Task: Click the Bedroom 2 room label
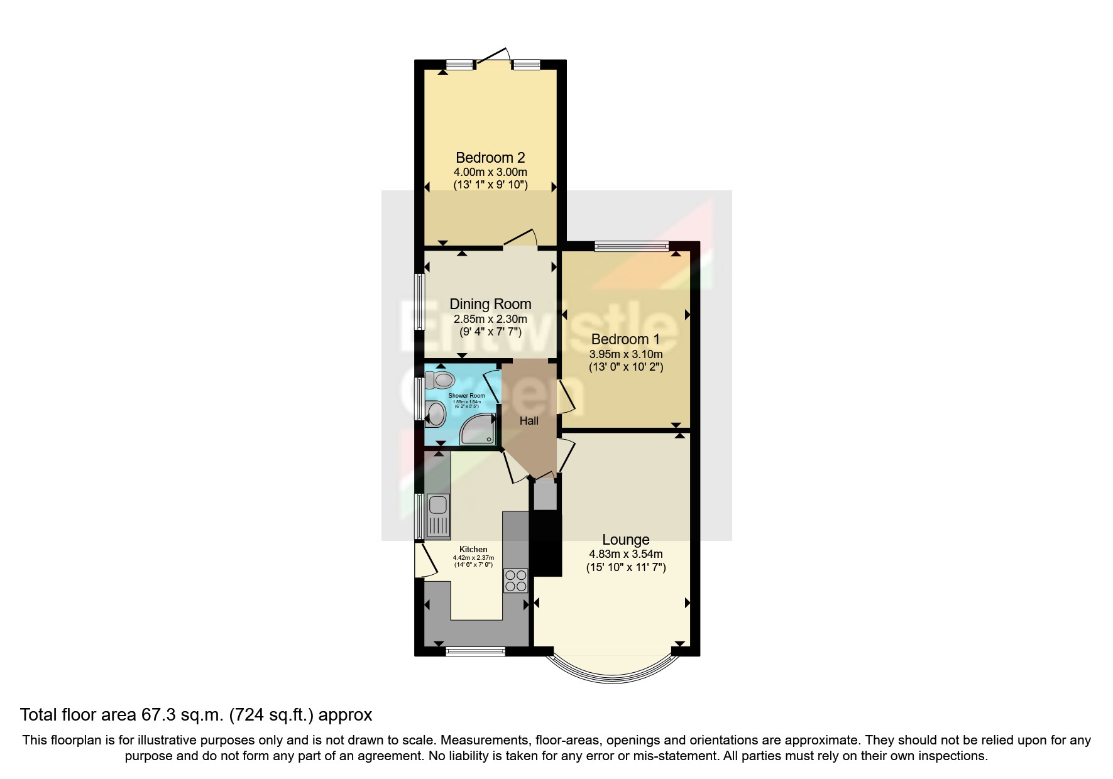490,158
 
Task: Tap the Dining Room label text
490,304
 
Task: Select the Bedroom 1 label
625,340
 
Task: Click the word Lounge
625,540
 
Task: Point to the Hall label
529,421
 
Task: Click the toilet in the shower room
440,380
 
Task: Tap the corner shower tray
478,430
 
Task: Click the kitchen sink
437,515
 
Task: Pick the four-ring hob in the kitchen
516,580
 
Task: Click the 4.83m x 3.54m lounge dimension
625,554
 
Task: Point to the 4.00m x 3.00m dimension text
490,172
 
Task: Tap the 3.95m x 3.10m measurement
625,354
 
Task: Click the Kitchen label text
473,550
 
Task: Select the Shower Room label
466,396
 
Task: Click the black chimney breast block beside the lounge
546,543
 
